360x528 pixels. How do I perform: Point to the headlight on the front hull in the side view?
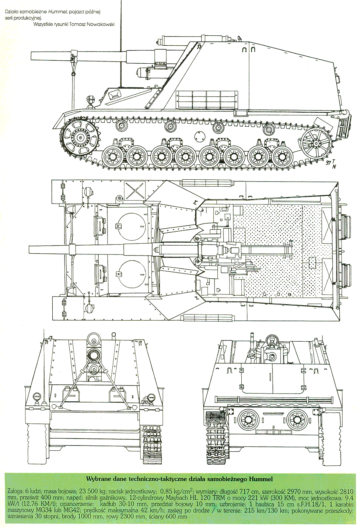coord(89,99)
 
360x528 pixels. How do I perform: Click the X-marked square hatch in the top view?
coord(134,191)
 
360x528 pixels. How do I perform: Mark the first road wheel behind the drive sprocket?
coord(112,156)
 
